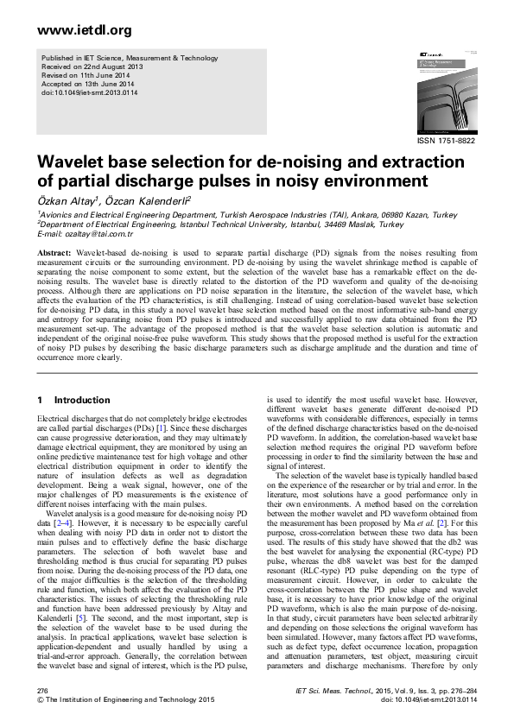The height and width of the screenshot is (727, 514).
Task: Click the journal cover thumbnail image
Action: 442,89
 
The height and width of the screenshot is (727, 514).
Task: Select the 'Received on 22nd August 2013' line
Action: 92,66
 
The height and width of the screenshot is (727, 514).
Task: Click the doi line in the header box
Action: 84,92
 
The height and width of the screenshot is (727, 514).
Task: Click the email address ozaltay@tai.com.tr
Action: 97,234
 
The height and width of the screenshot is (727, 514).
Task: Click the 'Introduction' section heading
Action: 84,401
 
